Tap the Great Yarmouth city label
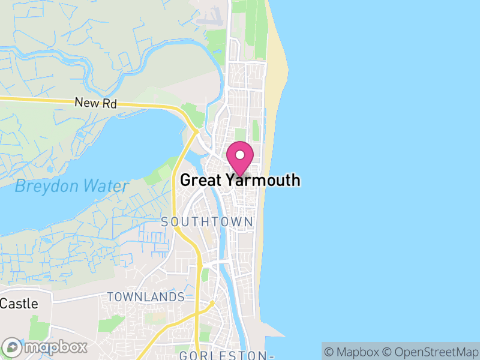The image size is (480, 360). pyautogui.click(x=240, y=180)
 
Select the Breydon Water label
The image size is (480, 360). pyautogui.click(x=71, y=186)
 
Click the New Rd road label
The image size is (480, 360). pyautogui.click(x=95, y=103)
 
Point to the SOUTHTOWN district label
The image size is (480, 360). pyautogui.click(x=207, y=222)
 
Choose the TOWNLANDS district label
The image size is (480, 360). pyautogui.click(x=146, y=297)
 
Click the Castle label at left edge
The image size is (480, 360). pyautogui.click(x=19, y=304)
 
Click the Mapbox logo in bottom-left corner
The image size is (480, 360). pyautogui.click(x=45, y=347)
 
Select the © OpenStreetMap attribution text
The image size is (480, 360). pyautogui.click(x=432, y=352)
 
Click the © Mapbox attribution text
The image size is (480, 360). pyautogui.click(x=353, y=352)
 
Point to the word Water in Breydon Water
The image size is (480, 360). pyautogui.click(x=107, y=186)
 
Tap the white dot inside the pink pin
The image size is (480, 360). pyautogui.click(x=240, y=155)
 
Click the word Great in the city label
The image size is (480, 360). pyautogui.click(x=199, y=180)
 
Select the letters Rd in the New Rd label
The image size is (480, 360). pyautogui.click(x=109, y=103)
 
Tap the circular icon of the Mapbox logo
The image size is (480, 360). pyautogui.click(x=12, y=347)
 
